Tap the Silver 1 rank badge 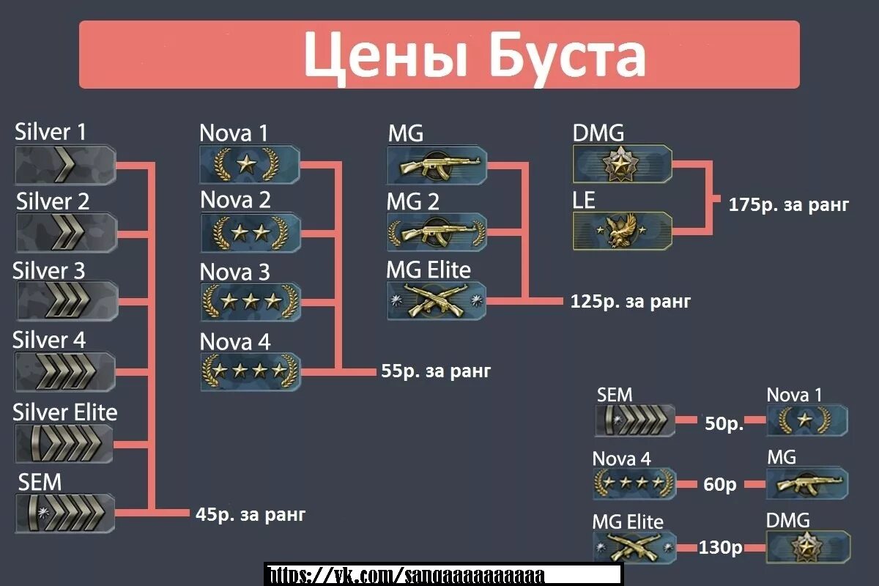[65, 165]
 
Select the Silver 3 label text [48, 270]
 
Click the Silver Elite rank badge [65, 444]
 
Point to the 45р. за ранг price [251, 514]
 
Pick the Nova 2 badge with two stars [250, 233]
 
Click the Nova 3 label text [234, 272]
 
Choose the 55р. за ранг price [436, 371]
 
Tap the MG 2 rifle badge [437, 233]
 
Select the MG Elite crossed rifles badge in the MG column [437, 300]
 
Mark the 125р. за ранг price [631, 301]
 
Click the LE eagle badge [622, 231]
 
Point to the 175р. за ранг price [789, 204]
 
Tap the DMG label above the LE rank [598, 133]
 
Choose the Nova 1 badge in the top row [250, 165]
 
